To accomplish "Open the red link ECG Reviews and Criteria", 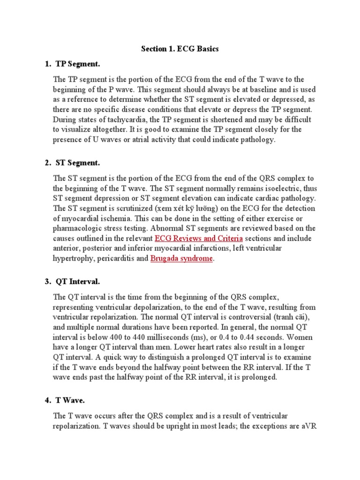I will pyautogui.click(x=198, y=238).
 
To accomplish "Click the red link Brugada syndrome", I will pyautogui.click(x=181, y=258).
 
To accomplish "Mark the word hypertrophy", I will pyautogui.click(x=75, y=258).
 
